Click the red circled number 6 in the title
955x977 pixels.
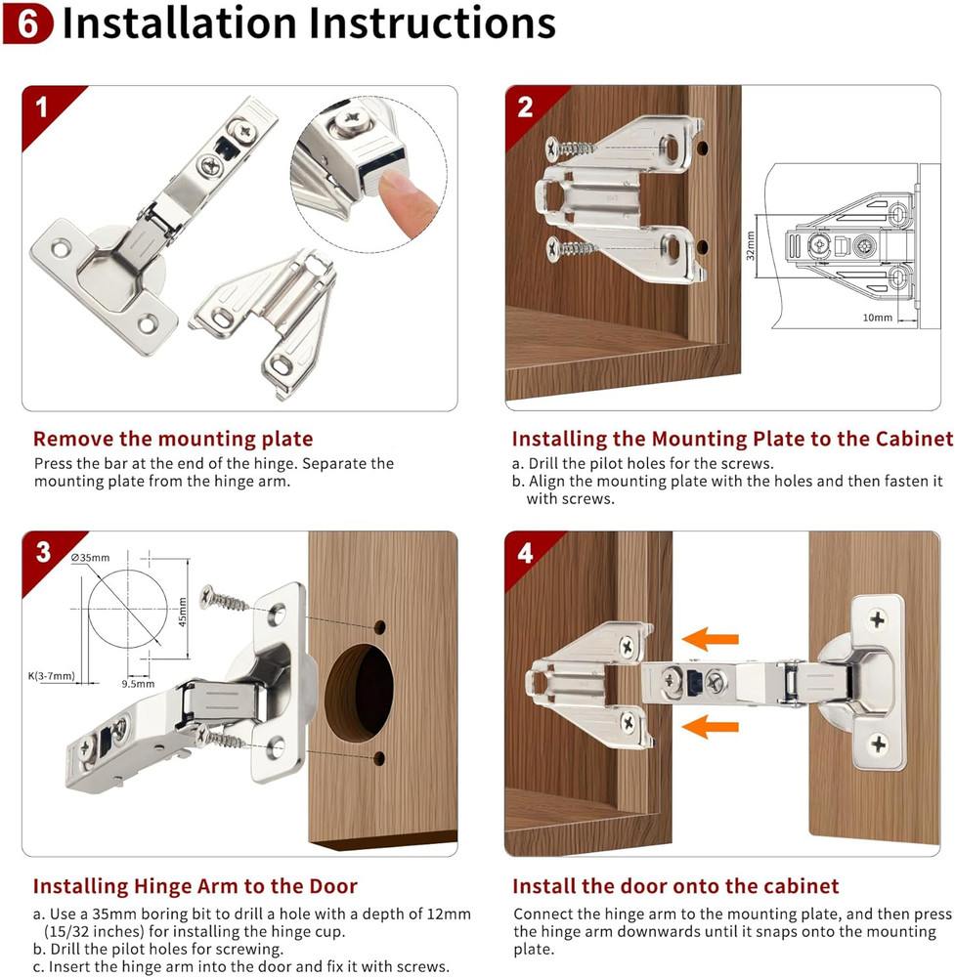pos(29,25)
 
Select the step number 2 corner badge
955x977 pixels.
pos(525,106)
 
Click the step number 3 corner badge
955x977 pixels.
pos(43,552)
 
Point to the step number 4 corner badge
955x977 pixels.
pos(525,553)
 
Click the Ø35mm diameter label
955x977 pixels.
pos(91,558)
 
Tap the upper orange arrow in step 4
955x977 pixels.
pos(709,640)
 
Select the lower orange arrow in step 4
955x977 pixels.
pos(709,725)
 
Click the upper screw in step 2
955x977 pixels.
pos(577,149)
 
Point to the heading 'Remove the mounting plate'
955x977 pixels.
pos(173,439)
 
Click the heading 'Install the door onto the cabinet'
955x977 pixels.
pos(675,886)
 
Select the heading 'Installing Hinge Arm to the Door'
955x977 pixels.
pos(195,886)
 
